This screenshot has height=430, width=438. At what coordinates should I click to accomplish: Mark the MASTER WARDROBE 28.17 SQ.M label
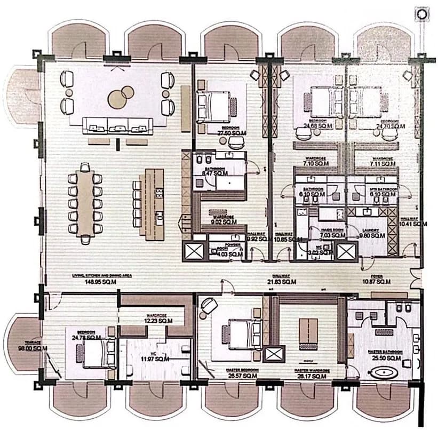pyautogui.click(x=314, y=372)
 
